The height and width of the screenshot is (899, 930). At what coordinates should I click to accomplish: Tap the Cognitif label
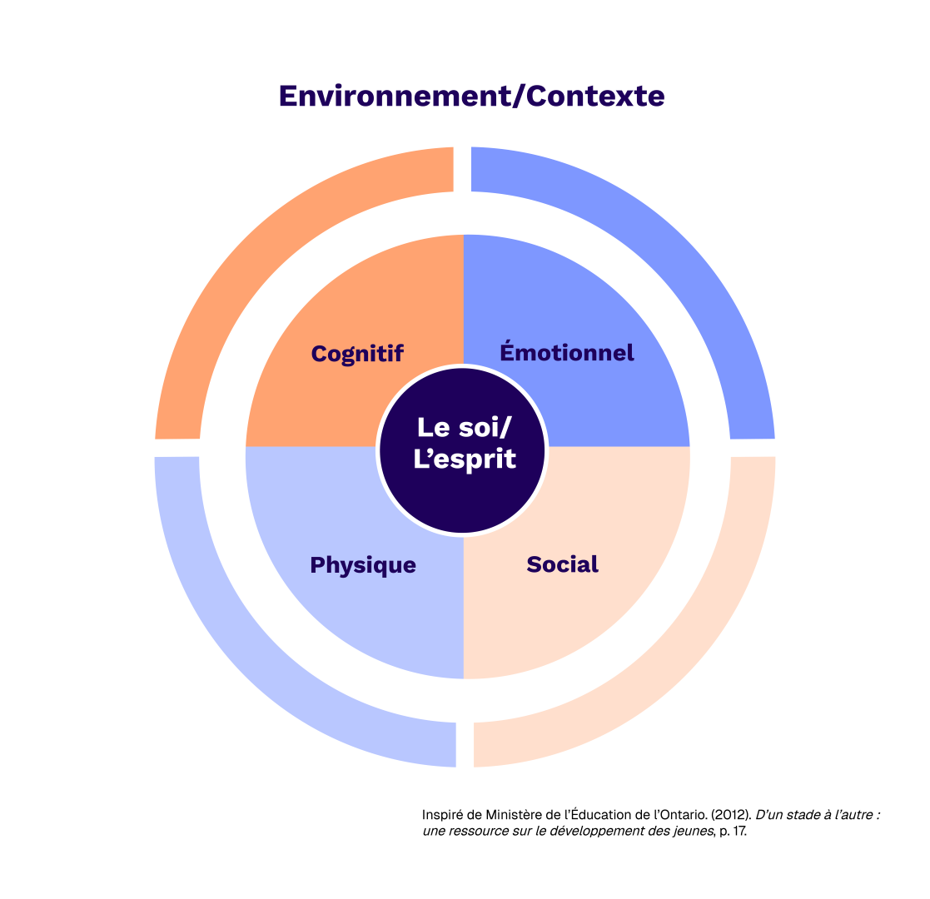point(357,353)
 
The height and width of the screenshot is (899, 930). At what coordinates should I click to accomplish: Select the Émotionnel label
point(567,352)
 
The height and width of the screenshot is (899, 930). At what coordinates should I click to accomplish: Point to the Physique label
point(363,565)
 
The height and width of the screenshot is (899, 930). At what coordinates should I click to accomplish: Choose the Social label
point(563,564)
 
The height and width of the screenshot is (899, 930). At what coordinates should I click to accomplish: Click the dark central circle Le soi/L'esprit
point(463,499)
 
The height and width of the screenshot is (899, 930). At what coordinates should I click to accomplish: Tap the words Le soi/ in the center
point(465,428)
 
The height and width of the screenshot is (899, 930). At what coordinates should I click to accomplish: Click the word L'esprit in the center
point(465,459)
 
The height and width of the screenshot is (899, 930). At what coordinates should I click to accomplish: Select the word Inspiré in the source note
point(442,815)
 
